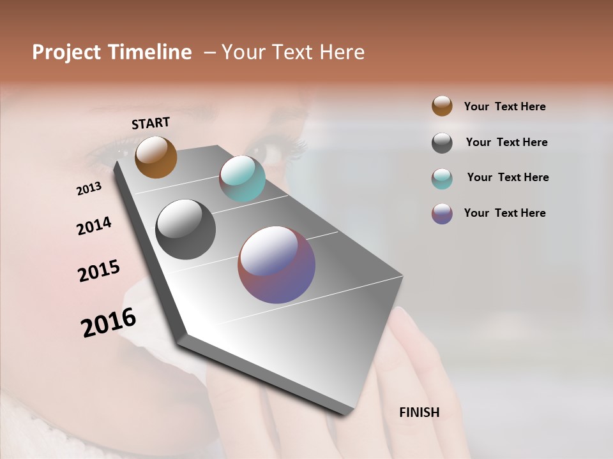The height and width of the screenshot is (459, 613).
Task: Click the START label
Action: pos(151,123)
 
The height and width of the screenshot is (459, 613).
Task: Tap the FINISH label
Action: pos(419,412)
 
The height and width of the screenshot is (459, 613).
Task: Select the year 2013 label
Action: pos(89,189)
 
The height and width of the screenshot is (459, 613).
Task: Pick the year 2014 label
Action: pos(94,226)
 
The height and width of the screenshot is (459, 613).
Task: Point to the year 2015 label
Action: pos(99,271)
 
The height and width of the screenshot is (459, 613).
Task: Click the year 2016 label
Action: pos(109,323)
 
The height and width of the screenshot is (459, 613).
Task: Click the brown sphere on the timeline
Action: pos(156,157)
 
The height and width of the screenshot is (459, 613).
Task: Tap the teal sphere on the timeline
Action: pos(242,178)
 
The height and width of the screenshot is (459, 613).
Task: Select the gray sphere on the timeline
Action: pos(185,229)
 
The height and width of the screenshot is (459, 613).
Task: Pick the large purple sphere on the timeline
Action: pos(276,265)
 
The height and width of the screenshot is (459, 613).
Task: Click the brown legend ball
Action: pos(442,106)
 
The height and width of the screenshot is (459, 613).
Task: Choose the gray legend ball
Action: pos(442,143)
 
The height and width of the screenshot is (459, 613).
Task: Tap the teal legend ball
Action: pos(442,178)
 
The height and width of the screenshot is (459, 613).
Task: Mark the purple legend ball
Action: pos(442,214)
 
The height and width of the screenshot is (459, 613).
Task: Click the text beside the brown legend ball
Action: pos(504,106)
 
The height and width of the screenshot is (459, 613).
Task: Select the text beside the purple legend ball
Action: pos(504,213)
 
